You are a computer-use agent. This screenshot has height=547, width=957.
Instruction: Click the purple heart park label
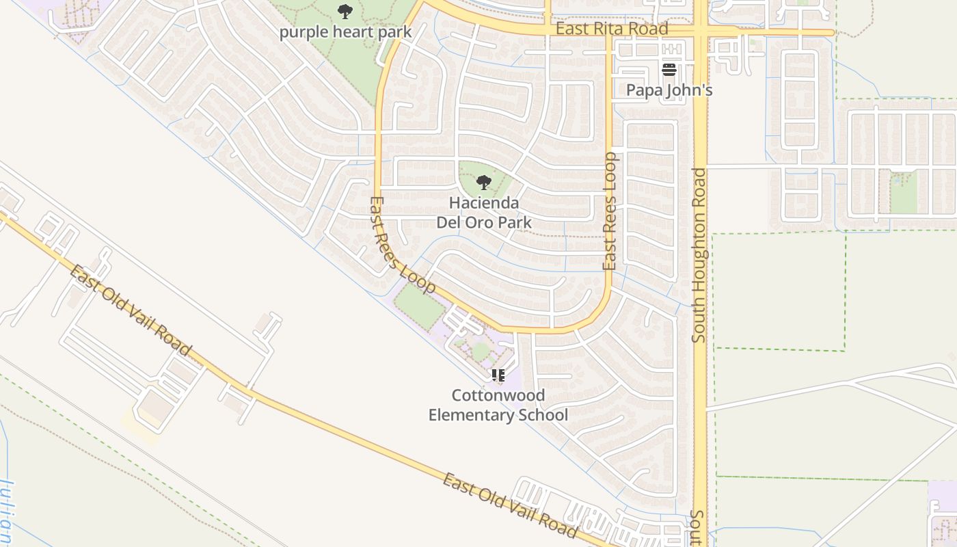[x=345, y=32]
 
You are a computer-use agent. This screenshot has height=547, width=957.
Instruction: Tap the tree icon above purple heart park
[x=345, y=11]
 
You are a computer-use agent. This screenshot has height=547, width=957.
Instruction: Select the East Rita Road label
[x=611, y=29]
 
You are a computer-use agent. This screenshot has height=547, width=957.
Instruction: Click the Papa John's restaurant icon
[x=669, y=69]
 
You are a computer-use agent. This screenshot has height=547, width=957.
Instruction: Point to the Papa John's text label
[x=669, y=90]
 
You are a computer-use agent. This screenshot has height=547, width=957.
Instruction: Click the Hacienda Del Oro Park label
[x=484, y=213]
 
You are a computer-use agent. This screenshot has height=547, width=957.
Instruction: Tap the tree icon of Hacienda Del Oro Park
[x=484, y=183]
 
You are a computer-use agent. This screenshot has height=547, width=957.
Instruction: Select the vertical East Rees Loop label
[x=610, y=211]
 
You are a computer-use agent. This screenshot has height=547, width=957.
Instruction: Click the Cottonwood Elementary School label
[x=498, y=405]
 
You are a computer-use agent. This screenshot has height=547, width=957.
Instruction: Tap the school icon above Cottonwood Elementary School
[x=498, y=375]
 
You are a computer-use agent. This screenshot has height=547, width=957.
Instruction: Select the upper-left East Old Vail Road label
[x=129, y=309]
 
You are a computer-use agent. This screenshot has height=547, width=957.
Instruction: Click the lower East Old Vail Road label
[x=509, y=505]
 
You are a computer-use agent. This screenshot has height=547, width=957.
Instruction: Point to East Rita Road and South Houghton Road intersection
[x=701, y=31]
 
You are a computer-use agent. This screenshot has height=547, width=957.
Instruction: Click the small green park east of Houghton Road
[x=904, y=193]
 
